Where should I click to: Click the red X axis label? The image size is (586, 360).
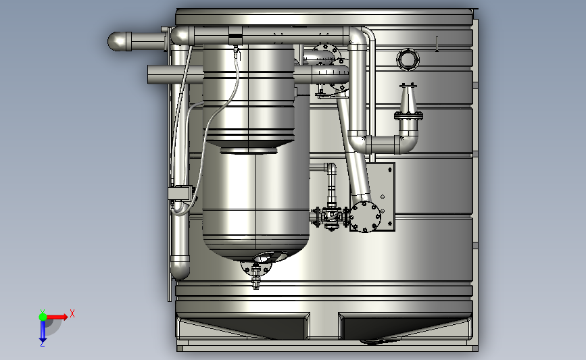72,313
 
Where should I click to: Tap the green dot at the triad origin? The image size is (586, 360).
43,317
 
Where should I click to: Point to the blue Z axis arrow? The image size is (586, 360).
43,330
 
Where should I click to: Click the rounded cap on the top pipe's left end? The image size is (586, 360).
116,41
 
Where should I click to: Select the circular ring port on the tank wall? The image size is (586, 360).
408,59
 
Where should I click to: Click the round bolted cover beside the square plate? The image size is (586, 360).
365,217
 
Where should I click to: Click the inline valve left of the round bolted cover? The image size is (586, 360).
331,217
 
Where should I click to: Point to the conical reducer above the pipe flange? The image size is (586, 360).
408,99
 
